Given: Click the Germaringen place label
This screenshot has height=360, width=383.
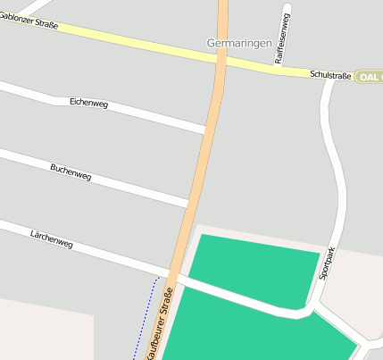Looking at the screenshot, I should coord(238,42).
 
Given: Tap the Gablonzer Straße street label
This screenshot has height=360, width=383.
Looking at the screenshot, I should coord(29,21).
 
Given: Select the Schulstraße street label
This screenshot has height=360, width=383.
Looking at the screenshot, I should coord(330,76).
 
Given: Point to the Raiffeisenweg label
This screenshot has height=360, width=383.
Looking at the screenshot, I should coord(281,38).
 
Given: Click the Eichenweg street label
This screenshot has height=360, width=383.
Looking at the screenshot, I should coord(88,104).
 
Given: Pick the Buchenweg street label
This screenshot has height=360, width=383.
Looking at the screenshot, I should coord(71,172).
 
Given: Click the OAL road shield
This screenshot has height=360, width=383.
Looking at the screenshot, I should coord(369,77).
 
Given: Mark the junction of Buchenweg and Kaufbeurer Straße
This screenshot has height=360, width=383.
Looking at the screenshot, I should coord(189,205).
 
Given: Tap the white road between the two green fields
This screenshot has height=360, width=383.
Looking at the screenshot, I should coord(241,297).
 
